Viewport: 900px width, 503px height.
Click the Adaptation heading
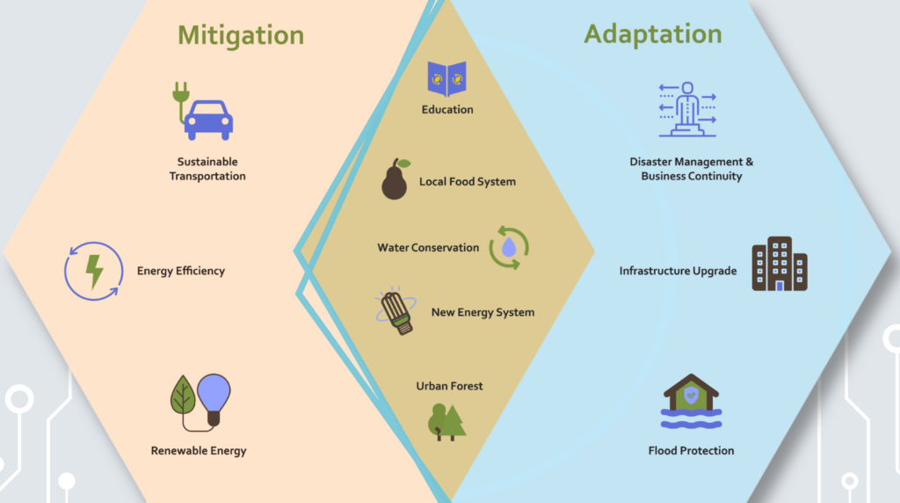point(652,34)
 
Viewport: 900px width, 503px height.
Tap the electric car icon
point(205,112)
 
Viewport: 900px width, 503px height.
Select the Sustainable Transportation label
point(207,169)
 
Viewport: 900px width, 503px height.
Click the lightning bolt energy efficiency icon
point(93,271)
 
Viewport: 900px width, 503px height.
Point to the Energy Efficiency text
point(181,271)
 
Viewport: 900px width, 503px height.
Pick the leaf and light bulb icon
point(200,400)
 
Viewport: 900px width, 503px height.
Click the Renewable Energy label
point(199,451)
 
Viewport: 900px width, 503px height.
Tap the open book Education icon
point(446,78)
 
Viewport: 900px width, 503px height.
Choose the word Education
point(447,110)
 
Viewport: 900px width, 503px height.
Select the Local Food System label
point(468,182)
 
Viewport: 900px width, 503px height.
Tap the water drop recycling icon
point(509,247)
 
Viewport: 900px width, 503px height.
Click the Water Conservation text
point(428,248)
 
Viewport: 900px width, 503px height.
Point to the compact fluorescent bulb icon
point(396,310)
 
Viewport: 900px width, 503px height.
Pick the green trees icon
point(446,421)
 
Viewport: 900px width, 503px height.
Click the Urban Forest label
point(450,386)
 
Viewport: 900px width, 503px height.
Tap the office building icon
point(779,264)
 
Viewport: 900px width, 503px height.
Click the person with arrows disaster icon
point(687,109)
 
